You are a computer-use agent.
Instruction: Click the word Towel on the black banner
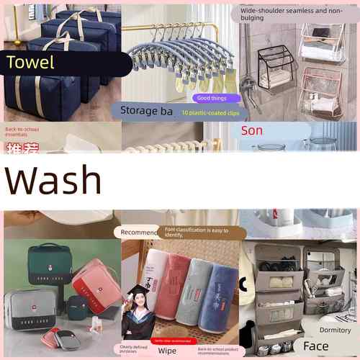click(30, 63)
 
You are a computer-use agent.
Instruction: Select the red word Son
click(252, 130)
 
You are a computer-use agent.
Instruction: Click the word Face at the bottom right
click(315, 346)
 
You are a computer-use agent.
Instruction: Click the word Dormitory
click(335, 330)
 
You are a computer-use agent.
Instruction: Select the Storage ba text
click(147, 111)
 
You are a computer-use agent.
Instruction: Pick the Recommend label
click(138, 233)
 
